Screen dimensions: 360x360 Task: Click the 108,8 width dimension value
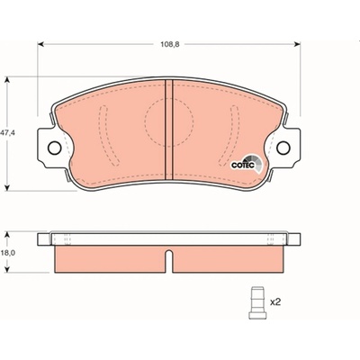(x=170, y=45)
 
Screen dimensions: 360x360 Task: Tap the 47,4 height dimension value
(x=7, y=133)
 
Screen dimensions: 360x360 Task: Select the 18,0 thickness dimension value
(x=8, y=253)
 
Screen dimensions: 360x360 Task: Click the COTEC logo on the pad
(x=247, y=164)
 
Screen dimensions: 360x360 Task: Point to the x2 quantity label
(x=275, y=302)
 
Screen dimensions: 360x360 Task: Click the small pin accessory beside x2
(x=257, y=303)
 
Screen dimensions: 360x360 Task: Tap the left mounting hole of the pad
(x=55, y=148)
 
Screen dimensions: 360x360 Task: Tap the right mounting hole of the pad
(x=283, y=148)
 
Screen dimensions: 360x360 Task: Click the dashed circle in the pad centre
(x=169, y=122)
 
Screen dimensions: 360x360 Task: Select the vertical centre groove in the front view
(x=169, y=130)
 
